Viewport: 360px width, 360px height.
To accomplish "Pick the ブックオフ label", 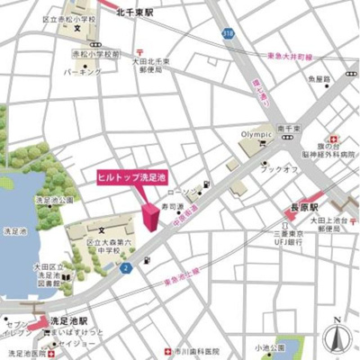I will [274, 167].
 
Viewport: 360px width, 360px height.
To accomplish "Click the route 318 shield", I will [229, 32].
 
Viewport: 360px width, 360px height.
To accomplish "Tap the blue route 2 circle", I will [127, 267].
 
